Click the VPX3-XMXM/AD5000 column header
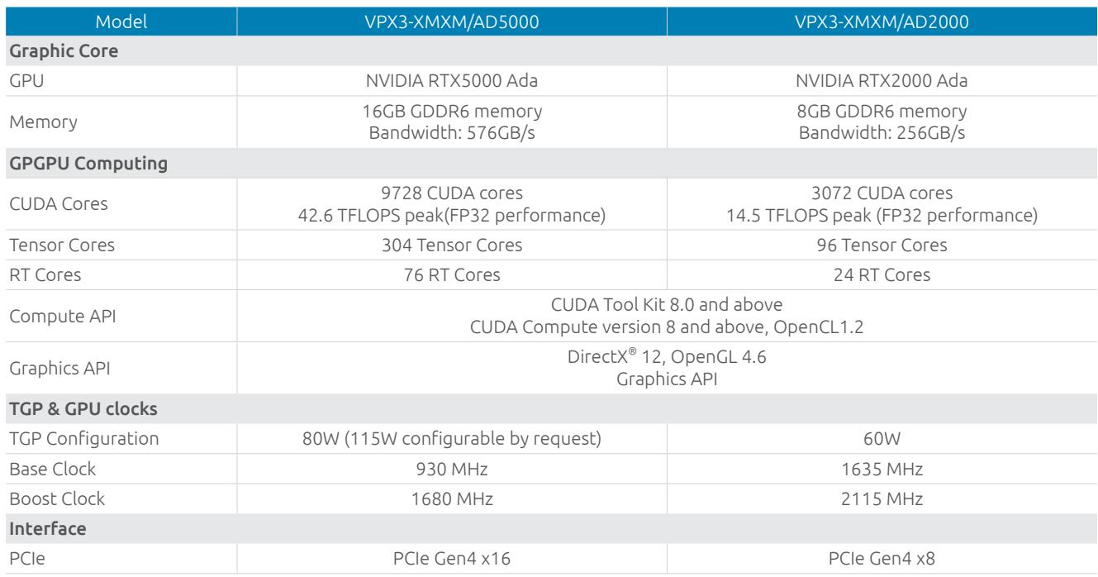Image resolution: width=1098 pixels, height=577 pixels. (451, 21)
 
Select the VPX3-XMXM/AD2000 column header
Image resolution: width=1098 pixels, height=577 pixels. (882, 21)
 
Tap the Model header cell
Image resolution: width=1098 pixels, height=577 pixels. (121, 21)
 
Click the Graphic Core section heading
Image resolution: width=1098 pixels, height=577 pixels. (64, 51)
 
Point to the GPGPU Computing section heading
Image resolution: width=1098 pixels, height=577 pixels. (88, 164)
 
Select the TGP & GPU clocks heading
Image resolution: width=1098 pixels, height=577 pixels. (83, 408)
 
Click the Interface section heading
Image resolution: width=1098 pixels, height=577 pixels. (48, 528)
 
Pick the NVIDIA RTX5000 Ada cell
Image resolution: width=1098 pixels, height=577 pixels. (451, 80)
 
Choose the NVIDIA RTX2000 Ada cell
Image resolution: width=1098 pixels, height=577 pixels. (882, 80)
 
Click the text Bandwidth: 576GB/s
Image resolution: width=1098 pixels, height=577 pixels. (451, 133)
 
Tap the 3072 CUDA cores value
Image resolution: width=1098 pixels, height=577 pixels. (882, 193)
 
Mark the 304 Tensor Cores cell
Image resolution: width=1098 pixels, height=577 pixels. (452, 245)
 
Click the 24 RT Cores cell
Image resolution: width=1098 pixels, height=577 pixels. (882, 274)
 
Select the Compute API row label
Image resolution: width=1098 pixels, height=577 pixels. (63, 317)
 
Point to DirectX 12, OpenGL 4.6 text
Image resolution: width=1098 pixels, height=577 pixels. (667, 357)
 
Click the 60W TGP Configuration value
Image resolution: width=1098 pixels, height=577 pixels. (882, 439)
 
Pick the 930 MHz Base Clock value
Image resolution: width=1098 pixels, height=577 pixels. (452, 469)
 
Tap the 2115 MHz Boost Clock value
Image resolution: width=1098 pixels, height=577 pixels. (882, 499)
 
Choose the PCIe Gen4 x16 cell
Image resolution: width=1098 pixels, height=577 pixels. (451, 558)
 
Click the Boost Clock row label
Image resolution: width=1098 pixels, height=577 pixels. (57, 499)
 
